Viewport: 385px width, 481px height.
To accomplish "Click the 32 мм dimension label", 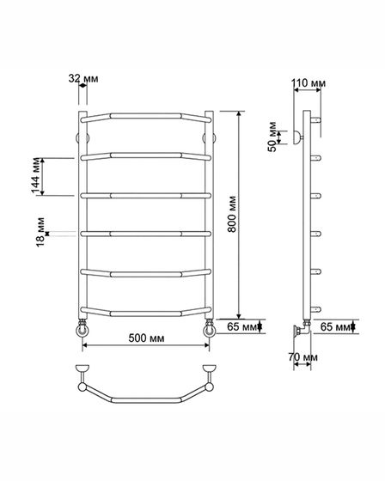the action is click(x=83, y=79).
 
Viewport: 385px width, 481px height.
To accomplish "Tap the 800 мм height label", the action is click(x=232, y=214).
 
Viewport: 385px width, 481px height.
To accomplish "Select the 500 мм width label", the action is click(x=146, y=338).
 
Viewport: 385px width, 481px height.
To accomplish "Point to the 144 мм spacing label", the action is click(x=36, y=176).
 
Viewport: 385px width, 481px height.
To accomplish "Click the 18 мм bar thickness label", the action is click(x=40, y=232).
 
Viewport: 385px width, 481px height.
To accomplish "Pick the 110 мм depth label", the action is click(x=309, y=82).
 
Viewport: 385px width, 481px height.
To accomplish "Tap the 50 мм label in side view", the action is click(x=272, y=137).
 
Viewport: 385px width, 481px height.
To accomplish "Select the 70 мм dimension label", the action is click(x=302, y=357).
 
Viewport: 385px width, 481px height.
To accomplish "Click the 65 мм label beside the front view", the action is click(x=242, y=326).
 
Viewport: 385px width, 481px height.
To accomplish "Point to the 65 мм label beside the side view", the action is click(x=335, y=326).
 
